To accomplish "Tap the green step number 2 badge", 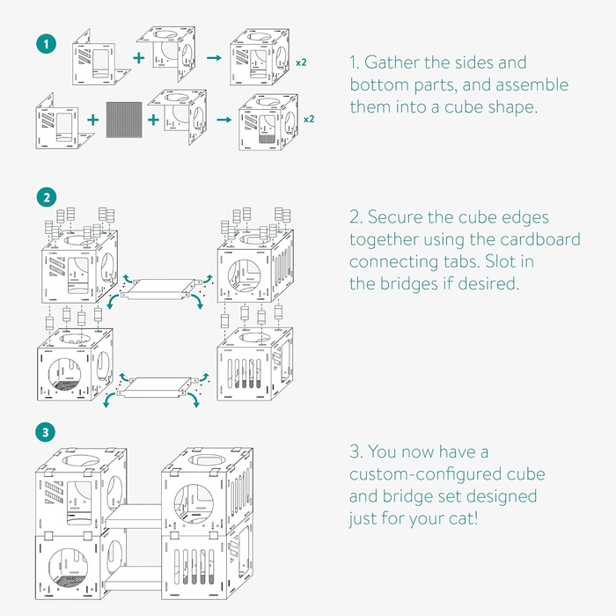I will pos(43,195).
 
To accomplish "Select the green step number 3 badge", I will pos(43,433).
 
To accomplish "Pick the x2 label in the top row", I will pos(301,62).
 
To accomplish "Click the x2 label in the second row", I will pos(309,118).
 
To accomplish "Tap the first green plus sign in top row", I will pos(139,58).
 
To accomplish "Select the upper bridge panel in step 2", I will pos(163,287).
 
